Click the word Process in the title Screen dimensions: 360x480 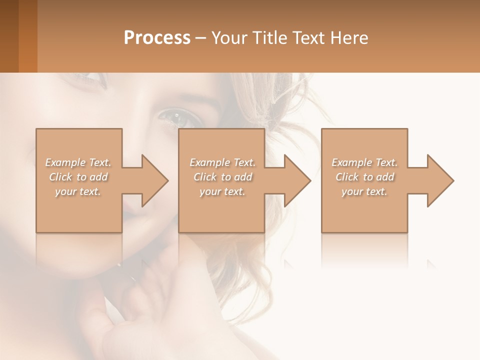(x=157, y=38)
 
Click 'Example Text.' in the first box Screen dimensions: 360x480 (x=78, y=162)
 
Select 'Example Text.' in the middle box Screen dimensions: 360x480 (x=222, y=162)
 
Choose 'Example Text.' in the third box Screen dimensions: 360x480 (x=364, y=162)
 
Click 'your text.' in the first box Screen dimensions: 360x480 (x=78, y=191)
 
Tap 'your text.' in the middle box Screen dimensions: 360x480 (x=222, y=191)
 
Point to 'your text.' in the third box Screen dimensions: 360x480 (x=364, y=191)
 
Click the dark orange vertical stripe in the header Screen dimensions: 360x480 (x=28, y=36)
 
